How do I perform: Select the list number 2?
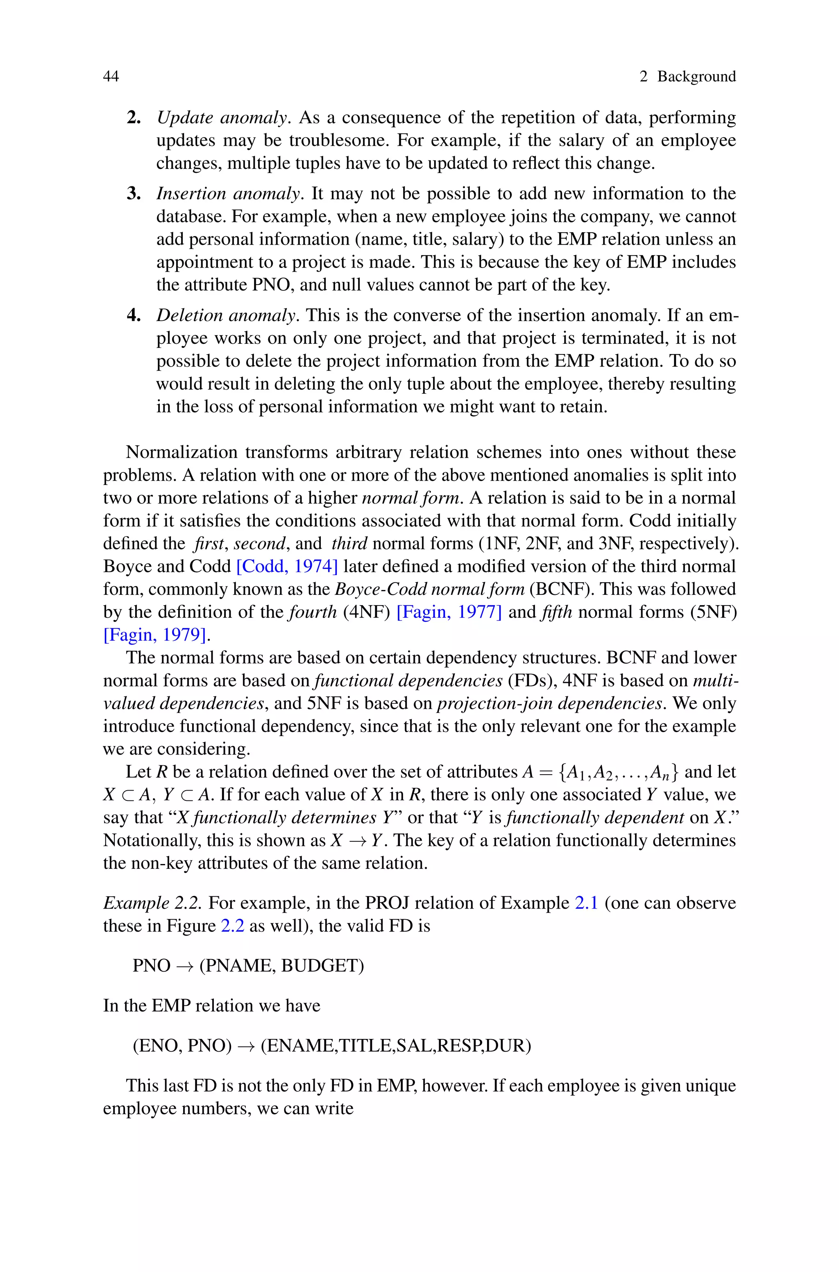point(133,118)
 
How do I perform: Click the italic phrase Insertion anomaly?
point(229,194)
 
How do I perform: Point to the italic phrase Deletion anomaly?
point(226,315)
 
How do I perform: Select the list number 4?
point(133,315)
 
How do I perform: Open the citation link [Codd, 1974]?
point(287,566)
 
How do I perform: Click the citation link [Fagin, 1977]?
point(449,611)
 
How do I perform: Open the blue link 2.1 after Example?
point(586,903)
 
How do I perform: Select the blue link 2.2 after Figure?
point(232,926)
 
